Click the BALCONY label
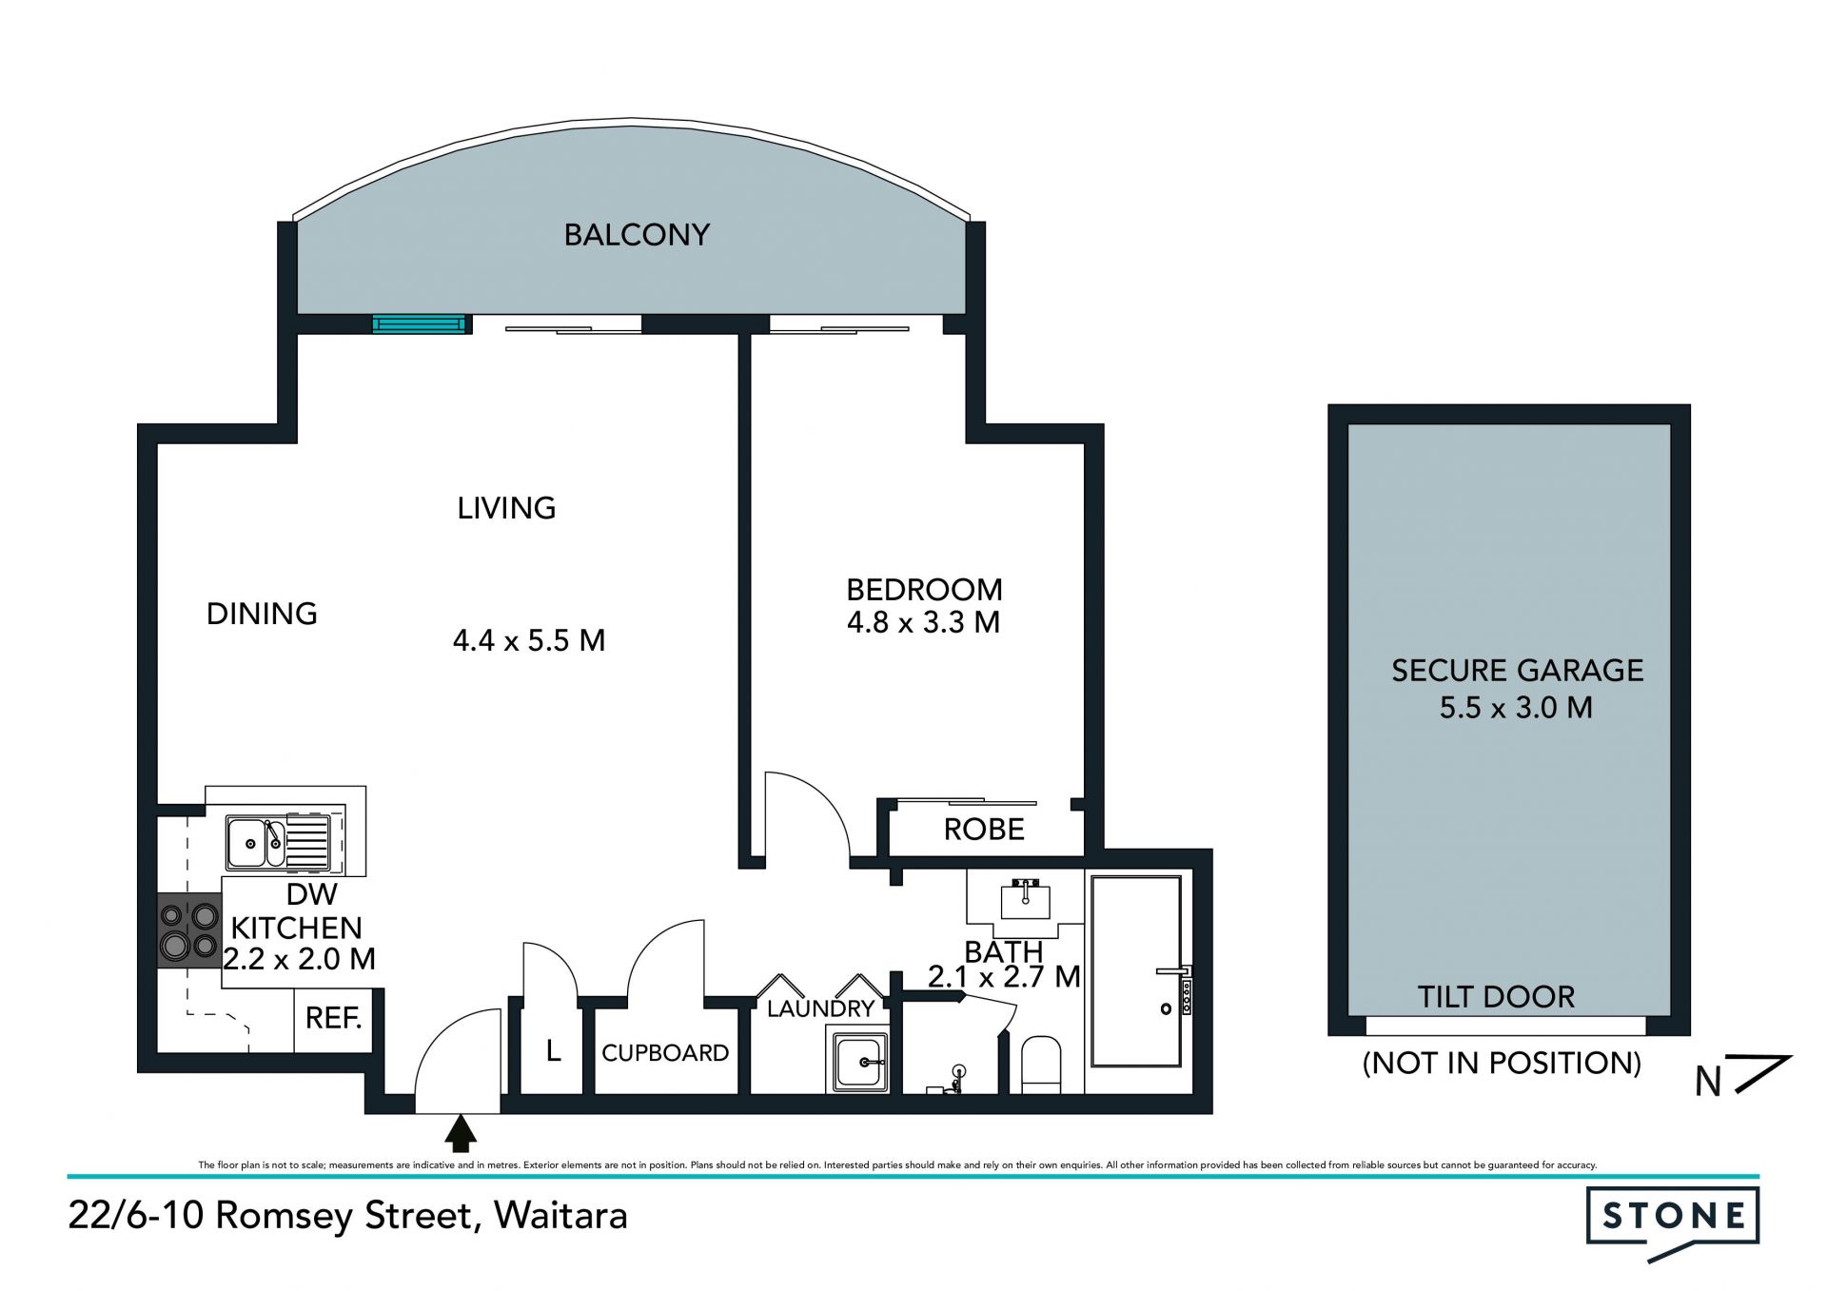tap(637, 235)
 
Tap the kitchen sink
tap(278, 842)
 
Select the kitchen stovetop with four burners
tap(189, 930)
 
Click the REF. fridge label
tap(333, 1018)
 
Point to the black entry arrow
tap(462, 1133)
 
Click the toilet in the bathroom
tap(1041, 1065)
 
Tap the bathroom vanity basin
tap(1025, 898)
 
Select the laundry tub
tap(861, 1062)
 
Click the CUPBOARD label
tap(665, 1053)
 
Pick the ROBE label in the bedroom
tap(984, 830)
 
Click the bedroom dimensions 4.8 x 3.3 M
tap(923, 622)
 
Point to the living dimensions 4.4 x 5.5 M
tap(529, 640)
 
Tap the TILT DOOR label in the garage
tap(1496, 997)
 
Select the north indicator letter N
tap(1708, 1082)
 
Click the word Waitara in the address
tap(560, 1216)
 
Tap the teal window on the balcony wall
tap(420, 324)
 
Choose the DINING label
tap(262, 614)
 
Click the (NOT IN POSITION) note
tap(1502, 1063)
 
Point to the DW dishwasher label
tap(311, 894)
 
